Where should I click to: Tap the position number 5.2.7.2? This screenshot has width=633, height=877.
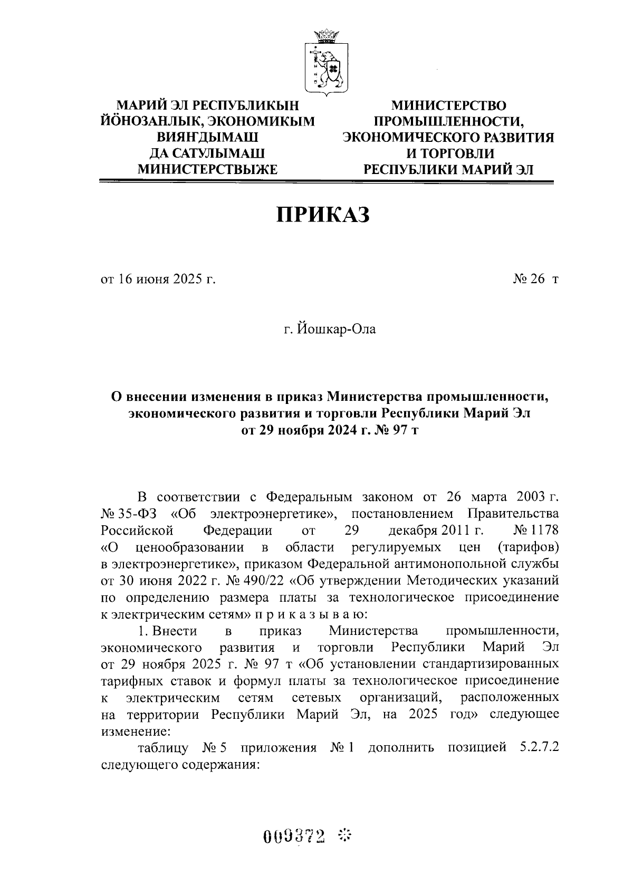coord(535,748)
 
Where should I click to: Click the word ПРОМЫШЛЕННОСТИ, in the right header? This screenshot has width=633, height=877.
coord(448,121)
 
